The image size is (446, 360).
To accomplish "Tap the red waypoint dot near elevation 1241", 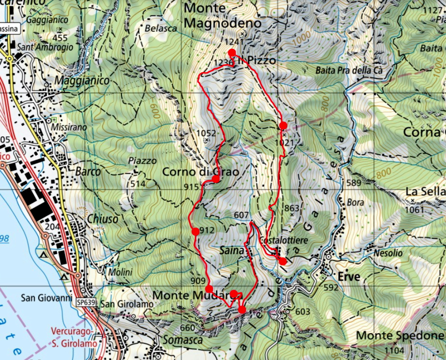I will click(x=231, y=53).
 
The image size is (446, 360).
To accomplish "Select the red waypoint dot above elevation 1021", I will click(x=283, y=125).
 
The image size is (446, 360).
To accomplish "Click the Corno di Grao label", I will click(x=201, y=172).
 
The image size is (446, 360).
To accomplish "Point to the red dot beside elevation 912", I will click(x=196, y=231).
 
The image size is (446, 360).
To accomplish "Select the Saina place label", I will click(x=232, y=251).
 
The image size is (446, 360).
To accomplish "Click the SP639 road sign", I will click(x=86, y=302).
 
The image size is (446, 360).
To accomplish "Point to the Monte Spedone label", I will click(x=399, y=335).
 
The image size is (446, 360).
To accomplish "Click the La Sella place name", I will click(x=425, y=191).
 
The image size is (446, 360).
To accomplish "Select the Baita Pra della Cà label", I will click(x=350, y=70).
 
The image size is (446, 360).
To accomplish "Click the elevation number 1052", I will click(x=206, y=133).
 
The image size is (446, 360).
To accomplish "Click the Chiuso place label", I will click(x=103, y=219).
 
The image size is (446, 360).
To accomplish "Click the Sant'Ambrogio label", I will click(x=45, y=47).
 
